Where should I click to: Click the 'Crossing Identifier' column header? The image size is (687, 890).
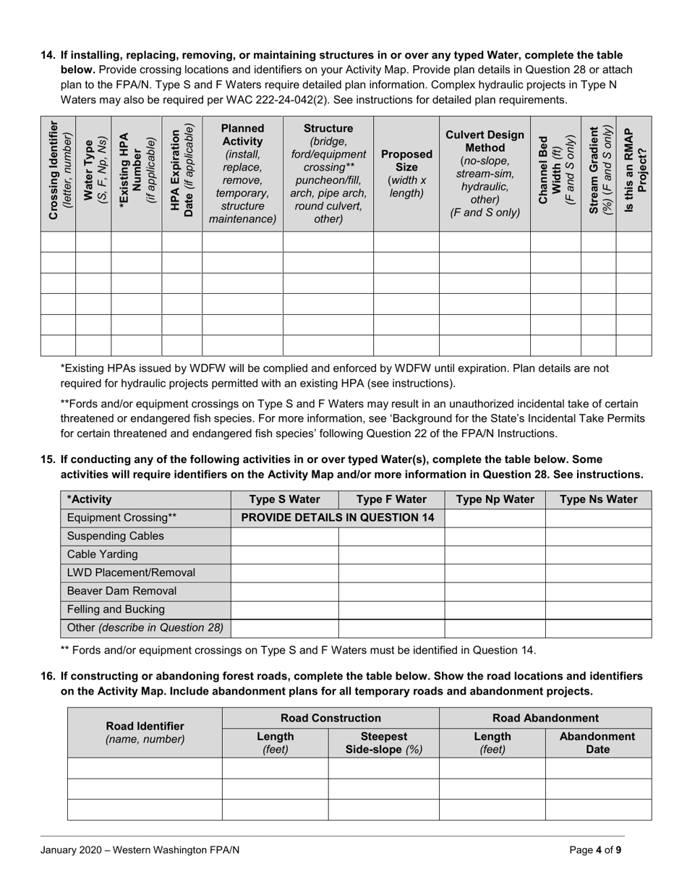click(x=58, y=174)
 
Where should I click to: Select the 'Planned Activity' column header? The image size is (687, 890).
click(x=242, y=174)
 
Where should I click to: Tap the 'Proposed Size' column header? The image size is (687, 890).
click(x=406, y=174)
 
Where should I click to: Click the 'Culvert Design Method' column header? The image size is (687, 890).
click(x=485, y=174)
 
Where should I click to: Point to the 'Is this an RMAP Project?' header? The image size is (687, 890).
click(x=634, y=174)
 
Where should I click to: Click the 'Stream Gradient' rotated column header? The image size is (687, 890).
click(x=599, y=174)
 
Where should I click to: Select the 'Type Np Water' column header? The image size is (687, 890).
click(x=495, y=499)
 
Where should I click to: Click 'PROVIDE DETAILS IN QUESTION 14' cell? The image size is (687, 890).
click(x=337, y=517)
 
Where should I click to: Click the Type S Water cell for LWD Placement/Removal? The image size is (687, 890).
click(x=284, y=572)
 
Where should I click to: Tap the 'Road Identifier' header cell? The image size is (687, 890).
click(x=145, y=732)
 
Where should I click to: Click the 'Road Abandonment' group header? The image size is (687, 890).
click(x=545, y=719)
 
